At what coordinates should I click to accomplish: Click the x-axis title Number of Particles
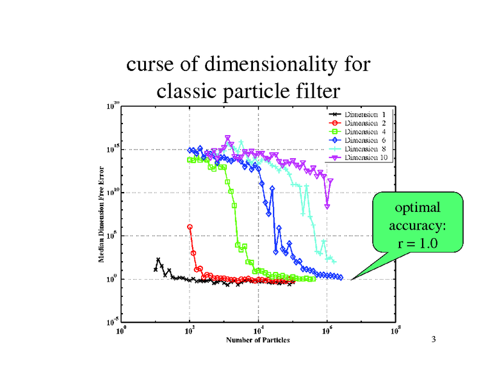pyautogui.click(x=257, y=340)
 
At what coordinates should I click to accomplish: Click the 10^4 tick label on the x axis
pyautogui.click(x=258, y=331)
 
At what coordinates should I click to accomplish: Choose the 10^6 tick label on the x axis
pyautogui.click(x=327, y=331)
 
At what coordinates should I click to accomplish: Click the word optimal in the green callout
pyautogui.click(x=417, y=209)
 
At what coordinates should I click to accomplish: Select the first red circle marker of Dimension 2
pyautogui.click(x=190, y=227)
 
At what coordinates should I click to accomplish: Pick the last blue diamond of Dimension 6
pyautogui.click(x=340, y=278)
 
